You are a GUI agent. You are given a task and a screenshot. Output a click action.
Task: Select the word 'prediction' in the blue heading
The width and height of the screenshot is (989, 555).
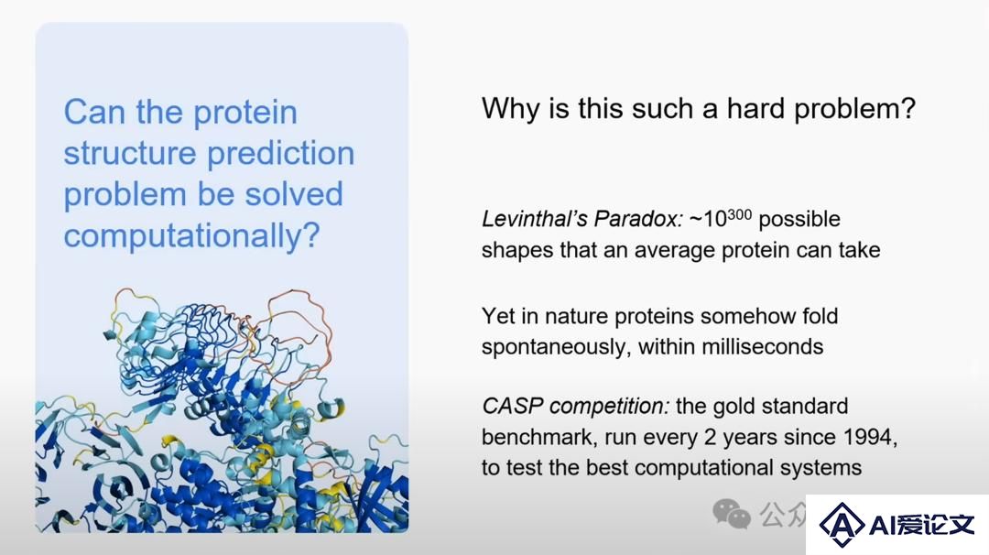pyautogui.click(x=281, y=154)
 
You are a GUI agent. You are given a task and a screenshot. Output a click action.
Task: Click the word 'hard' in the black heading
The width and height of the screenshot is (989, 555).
pyautogui.click(x=755, y=108)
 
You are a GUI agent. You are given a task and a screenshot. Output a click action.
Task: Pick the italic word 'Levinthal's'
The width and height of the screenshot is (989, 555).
pyautogui.click(x=534, y=220)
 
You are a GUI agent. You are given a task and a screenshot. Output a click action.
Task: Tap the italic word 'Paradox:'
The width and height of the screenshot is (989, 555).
pyautogui.click(x=638, y=220)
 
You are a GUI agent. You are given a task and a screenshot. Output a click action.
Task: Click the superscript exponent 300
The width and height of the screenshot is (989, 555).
pyautogui.click(x=739, y=215)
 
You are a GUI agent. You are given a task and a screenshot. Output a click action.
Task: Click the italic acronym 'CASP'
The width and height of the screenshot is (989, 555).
pyautogui.click(x=513, y=406)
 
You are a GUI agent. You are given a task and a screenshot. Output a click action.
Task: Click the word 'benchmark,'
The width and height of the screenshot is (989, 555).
pyautogui.click(x=539, y=437)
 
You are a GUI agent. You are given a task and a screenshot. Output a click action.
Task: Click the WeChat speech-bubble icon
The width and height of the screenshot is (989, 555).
pyautogui.click(x=731, y=514)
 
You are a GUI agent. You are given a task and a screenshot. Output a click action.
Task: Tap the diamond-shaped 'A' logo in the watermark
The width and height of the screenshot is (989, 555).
pyautogui.click(x=842, y=524)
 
